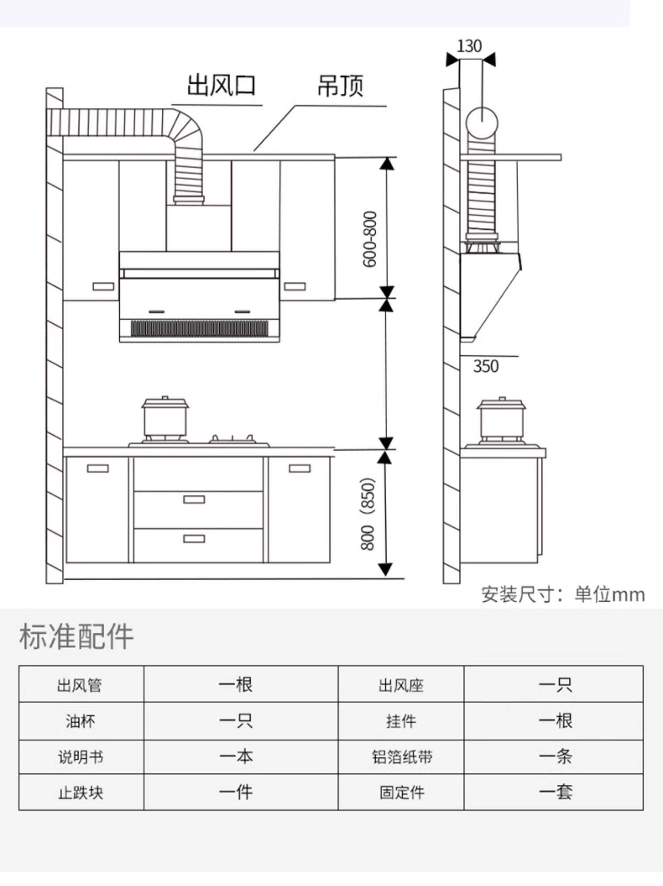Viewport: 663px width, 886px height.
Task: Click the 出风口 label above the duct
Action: pyautogui.click(x=221, y=86)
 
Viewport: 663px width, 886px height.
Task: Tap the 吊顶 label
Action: pyautogui.click(x=340, y=86)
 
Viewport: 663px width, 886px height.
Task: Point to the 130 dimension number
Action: pyautogui.click(x=469, y=46)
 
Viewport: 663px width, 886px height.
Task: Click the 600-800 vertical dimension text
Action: pyautogui.click(x=370, y=239)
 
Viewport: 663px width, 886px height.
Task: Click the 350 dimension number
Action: pyautogui.click(x=485, y=366)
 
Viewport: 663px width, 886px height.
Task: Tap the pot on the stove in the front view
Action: pyautogui.click(x=165, y=418)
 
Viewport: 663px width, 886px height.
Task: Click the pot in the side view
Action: pyautogui.click(x=501, y=419)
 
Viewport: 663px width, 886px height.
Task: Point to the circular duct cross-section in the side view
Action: pyautogui.click(x=482, y=123)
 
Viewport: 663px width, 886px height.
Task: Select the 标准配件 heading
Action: pyautogui.click(x=76, y=636)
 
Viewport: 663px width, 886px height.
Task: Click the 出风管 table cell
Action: pyautogui.click(x=80, y=685)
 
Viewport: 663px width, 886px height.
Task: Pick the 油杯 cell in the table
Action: pyautogui.click(x=80, y=721)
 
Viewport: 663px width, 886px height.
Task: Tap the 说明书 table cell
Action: pyautogui.click(x=80, y=757)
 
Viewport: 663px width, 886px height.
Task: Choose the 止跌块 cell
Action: pyautogui.click(x=80, y=793)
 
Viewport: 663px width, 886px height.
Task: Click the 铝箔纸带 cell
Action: pyautogui.click(x=401, y=757)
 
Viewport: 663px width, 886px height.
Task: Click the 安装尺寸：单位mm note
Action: pyautogui.click(x=563, y=594)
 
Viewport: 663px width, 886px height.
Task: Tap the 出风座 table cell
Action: pyautogui.click(x=401, y=685)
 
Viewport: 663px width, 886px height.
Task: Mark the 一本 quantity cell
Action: pyautogui.click(x=236, y=757)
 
